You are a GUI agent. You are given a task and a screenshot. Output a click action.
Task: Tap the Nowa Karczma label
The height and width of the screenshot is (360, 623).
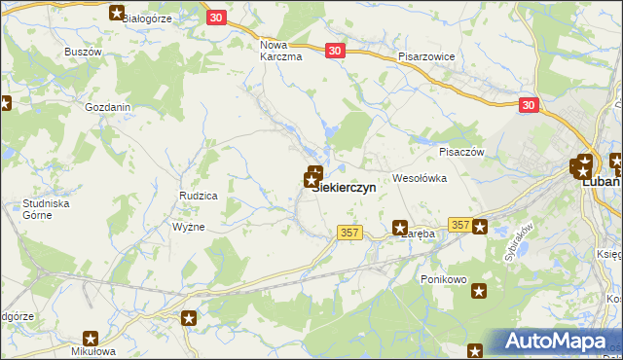pyautogui.click(x=281, y=51)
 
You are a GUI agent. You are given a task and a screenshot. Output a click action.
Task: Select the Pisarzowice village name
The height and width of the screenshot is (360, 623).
pyautogui.click(x=426, y=57)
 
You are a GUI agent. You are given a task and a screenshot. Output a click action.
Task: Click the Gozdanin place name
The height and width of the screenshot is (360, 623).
pyautogui.click(x=108, y=108)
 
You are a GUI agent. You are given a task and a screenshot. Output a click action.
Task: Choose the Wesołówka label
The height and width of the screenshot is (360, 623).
pyautogui.click(x=419, y=179)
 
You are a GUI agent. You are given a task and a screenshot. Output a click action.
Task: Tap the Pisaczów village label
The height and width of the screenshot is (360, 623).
pyautogui.click(x=461, y=152)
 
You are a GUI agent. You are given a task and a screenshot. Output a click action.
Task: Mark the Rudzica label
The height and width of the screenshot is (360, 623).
pyautogui.click(x=198, y=196)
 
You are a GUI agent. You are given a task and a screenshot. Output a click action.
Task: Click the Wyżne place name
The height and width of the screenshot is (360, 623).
pyautogui.click(x=188, y=227)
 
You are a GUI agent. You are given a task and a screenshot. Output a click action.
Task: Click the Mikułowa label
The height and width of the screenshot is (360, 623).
pyautogui.click(x=92, y=352)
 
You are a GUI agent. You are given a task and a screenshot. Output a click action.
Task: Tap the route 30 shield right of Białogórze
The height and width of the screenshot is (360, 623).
pyautogui.click(x=217, y=18)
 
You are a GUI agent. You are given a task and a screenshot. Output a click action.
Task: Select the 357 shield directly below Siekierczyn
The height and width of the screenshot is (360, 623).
pyautogui.click(x=351, y=233)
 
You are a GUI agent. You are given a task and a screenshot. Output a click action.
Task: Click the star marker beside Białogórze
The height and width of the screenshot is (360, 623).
pyautogui.click(x=118, y=14)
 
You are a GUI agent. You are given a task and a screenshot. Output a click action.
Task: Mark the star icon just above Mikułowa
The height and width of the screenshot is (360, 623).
pyautogui.click(x=91, y=339)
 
